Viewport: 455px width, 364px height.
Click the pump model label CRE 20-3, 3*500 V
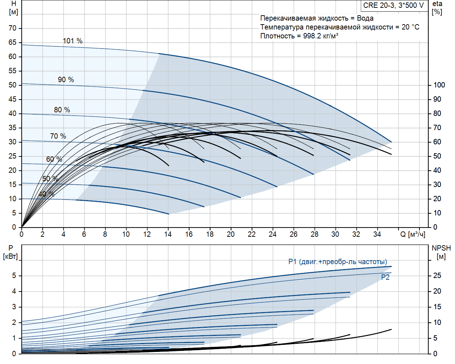pos(394,5)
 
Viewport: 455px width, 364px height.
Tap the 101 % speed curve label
pos(73,41)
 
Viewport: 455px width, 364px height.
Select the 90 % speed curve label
pos(66,80)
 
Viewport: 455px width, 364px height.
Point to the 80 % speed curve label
pos(62,110)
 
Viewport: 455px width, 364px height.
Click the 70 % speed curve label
pos(58,136)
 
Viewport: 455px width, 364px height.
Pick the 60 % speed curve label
pos(54,159)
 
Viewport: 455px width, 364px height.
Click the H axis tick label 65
pos(12,42)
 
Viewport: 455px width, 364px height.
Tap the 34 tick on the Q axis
pos(377,234)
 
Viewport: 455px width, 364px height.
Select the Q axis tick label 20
pos(231,234)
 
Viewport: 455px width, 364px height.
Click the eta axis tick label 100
pos(439,85)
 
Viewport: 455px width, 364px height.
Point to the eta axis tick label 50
pos(437,156)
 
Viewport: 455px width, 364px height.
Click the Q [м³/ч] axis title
pos(413,234)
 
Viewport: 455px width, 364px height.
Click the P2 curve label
pos(385,277)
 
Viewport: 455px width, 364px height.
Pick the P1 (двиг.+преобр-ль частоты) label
pos(338,262)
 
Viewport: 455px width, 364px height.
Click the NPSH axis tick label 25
pos(437,275)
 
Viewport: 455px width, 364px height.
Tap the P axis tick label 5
pos(14,275)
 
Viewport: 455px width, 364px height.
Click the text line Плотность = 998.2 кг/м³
pos(299,36)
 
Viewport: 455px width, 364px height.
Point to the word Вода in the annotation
pos(365,18)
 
